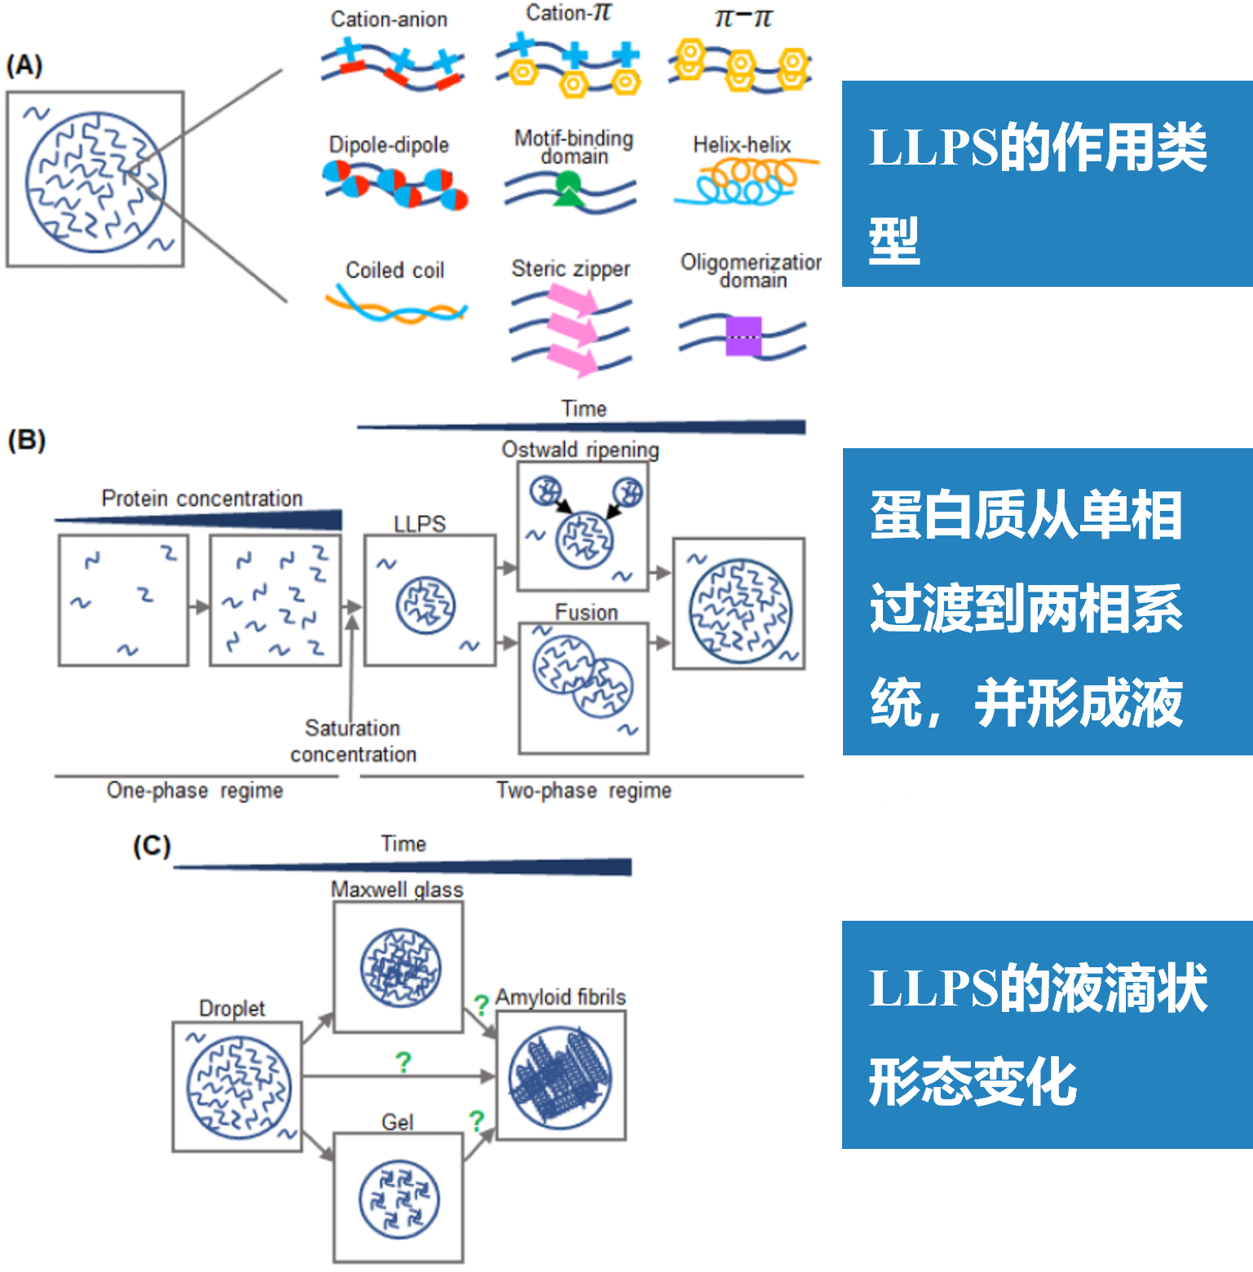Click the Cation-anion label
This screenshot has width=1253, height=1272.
[389, 20]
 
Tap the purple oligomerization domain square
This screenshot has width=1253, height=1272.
[743, 336]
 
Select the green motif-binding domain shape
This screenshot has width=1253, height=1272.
[567, 191]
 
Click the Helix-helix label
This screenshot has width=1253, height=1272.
[742, 145]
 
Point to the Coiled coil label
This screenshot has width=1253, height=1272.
[395, 270]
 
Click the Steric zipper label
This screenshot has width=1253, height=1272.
[571, 269]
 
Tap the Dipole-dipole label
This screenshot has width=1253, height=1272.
[389, 145]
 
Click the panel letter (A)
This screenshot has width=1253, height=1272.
[24, 65]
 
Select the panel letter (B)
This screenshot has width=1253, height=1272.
[26, 440]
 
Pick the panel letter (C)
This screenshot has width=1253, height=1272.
[152, 846]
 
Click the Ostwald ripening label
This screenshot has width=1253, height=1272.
[580, 450]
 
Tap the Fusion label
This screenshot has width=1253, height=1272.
[586, 612]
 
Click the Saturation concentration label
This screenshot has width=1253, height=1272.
[353, 741]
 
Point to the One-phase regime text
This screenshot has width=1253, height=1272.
[195, 790]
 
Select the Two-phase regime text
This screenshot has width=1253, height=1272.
[584, 790]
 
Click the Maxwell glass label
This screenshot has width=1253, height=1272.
[397, 890]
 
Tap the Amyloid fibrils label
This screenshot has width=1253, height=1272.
[561, 997]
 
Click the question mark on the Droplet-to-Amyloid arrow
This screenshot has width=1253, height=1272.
[403, 1063]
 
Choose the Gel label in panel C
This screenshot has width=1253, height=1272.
[398, 1122]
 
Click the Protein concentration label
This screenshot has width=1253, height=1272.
[202, 499]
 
